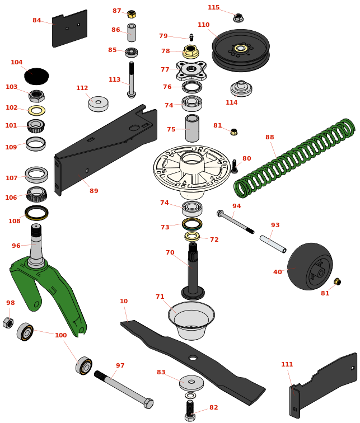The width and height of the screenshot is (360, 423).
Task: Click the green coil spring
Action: click(x=294, y=158)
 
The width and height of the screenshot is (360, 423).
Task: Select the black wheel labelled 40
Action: click(x=310, y=266)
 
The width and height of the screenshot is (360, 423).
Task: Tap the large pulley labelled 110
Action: click(x=241, y=49)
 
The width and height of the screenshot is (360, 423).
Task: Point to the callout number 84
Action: click(x=37, y=21)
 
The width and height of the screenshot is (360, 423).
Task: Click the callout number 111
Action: click(x=287, y=365)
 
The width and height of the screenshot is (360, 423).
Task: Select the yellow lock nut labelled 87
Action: click(x=132, y=14)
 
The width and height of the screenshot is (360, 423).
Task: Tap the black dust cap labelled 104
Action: click(x=36, y=76)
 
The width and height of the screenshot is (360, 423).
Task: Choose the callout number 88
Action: click(x=270, y=138)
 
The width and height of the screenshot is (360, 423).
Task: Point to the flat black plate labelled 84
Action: click(x=69, y=29)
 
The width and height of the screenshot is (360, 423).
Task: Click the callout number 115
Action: click(x=213, y=8)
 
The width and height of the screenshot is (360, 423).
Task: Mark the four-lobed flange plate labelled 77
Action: click(x=191, y=69)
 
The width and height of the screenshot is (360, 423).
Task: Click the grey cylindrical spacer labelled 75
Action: click(x=192, y=129)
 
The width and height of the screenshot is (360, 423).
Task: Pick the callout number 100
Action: click(x=60, y=336)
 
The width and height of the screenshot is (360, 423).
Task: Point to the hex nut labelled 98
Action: click(x=8, y=323)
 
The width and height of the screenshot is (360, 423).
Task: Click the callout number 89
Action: click(x=94, y=191)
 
